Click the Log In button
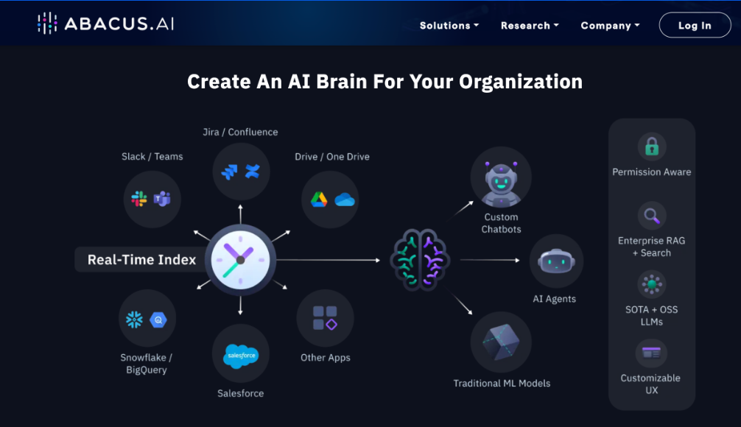695,25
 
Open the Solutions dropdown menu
449,26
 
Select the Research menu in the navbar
530,26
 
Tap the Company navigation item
610,26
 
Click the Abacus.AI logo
106,23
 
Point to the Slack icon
139,199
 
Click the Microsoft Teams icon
162,199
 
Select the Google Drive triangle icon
319,200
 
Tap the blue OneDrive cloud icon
345,200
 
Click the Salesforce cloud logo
241,356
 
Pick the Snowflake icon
134,320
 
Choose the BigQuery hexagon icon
158,320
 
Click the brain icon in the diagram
420,260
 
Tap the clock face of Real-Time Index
241,261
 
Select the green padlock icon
652,147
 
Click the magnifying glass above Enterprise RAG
652,216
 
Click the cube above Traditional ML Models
501,342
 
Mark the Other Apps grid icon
325,318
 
